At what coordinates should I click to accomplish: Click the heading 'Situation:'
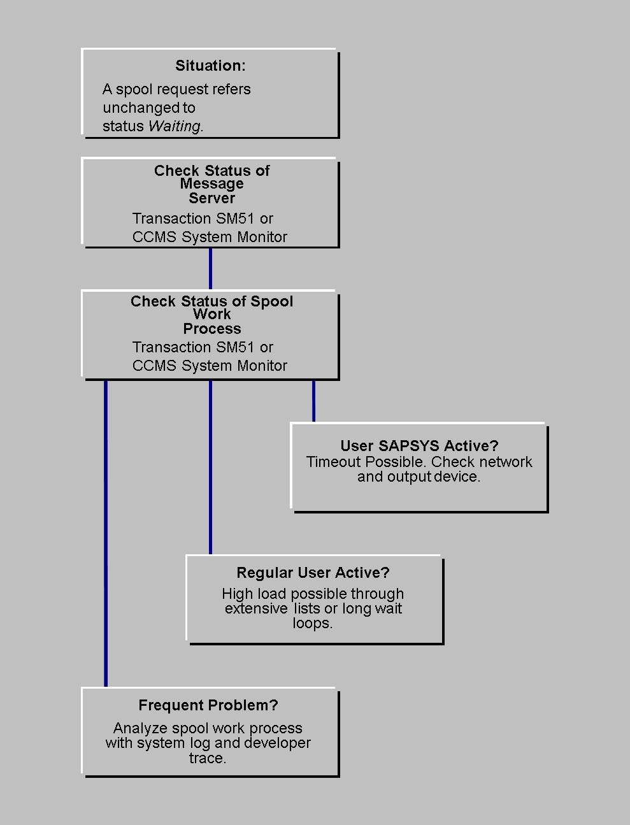coord(210,66)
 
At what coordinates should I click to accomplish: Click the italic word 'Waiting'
coord(174,126)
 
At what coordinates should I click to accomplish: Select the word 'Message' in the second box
coord(211,184)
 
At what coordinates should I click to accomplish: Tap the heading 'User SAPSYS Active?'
coord(419,446)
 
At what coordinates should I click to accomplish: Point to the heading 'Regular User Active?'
coord(313,573)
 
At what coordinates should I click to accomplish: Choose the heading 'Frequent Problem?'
coord(208,705)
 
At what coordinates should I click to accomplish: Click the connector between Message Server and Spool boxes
coord(210,269)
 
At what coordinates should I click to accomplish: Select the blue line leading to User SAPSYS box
coord(313,401)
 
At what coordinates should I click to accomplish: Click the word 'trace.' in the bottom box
coord(208,758)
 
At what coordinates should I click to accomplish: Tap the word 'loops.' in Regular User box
coord(312,623)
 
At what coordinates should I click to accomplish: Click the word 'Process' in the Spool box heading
coord(212,329)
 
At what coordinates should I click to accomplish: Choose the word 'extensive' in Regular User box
coord(256,608)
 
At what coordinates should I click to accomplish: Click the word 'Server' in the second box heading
coord(211,198)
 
